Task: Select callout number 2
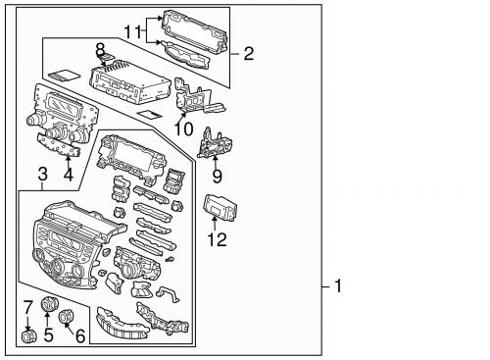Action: click(x=248, y=53)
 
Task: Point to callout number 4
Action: click(x=68, y=177)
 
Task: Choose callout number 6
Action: click(x=80, y=335)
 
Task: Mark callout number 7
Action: click(x=27, y=308)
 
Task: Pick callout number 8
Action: click(x=99, y=49)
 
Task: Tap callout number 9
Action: click(x=218, y=178)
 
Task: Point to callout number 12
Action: click(x=216, y=236)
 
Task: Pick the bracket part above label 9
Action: click(x=217, y=144)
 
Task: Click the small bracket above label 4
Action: click(x=61, y=147)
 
